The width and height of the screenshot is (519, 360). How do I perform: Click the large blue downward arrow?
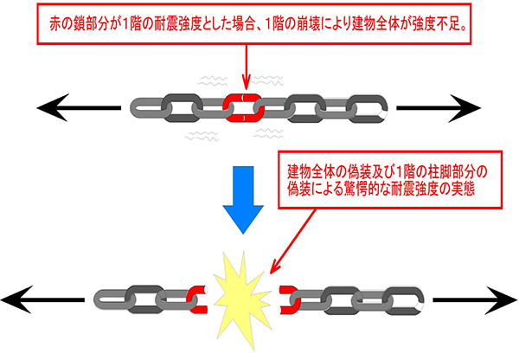(243, 200)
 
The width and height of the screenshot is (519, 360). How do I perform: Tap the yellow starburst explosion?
(242, 299)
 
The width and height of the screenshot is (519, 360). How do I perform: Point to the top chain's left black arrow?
(79, 107)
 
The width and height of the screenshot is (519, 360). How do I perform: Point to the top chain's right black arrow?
(439, 108)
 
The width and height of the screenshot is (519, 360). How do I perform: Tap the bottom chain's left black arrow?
(42, 299)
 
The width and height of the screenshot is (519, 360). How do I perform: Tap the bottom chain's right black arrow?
(475, 300)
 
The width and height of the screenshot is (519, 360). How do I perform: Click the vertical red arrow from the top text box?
(247, 67)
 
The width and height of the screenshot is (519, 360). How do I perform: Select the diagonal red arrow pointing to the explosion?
(292, 241)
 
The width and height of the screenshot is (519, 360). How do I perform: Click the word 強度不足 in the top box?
(436, 23)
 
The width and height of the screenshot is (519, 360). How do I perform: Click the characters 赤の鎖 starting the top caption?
(67, 23)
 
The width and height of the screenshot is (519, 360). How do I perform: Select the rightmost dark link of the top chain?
(368, 109)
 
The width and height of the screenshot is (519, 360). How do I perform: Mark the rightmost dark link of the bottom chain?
(405, 300)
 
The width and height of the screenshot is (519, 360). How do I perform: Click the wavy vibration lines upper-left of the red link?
(212, 80)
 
